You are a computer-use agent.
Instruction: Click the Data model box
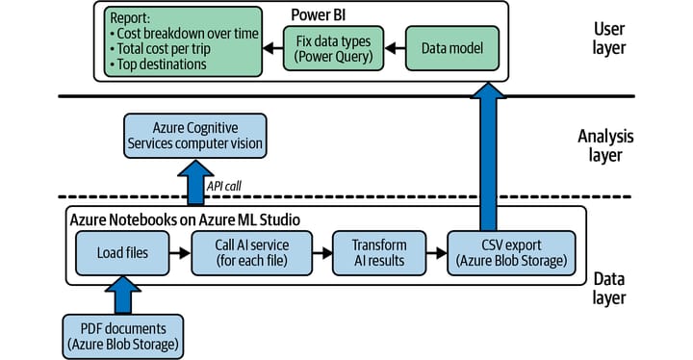point(452,48)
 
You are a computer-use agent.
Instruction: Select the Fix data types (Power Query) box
point(333,48)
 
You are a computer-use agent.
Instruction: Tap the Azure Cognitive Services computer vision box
point(194,136)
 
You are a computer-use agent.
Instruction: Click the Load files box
point(122,253)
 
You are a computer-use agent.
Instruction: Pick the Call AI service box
point(252,253)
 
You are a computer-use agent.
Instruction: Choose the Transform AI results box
point(379,253)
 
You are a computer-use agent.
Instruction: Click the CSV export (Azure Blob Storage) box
point(511,253)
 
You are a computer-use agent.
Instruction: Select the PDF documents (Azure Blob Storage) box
point(123,337)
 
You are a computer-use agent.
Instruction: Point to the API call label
point(224,186)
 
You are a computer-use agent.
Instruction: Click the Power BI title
point(319,15)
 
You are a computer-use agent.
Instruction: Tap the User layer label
point(609,39)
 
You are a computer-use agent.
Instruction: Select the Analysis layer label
point(605,145)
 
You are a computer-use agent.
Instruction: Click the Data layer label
point(609,289)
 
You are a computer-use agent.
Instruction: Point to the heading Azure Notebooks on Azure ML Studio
point(185,219)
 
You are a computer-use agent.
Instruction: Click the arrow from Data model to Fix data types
point(395,48)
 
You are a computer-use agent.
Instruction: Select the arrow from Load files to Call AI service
point(180,253)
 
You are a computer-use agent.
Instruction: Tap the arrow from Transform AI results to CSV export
point(437,253)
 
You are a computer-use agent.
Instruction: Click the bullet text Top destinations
point(162,64)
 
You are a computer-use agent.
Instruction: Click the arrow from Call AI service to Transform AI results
point(322,253)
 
